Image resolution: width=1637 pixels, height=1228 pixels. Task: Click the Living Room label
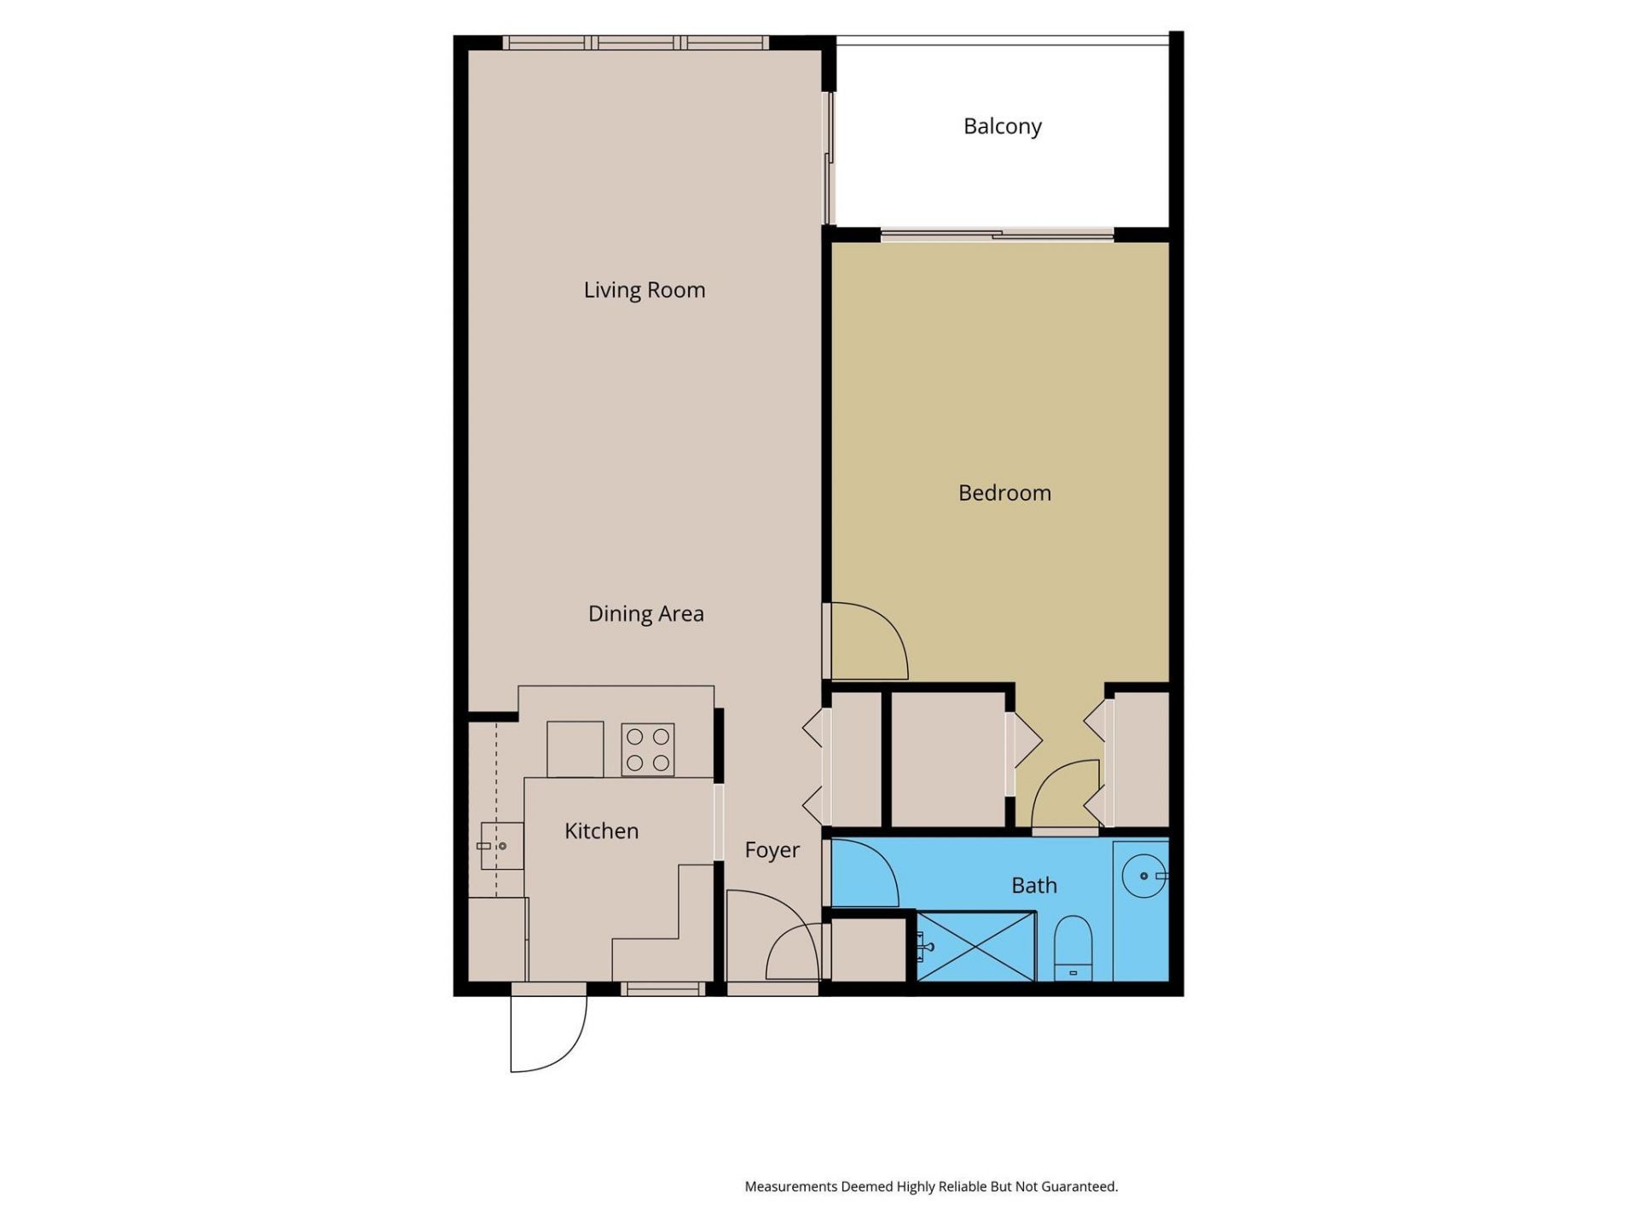645,290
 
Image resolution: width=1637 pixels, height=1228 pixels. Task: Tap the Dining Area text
645,614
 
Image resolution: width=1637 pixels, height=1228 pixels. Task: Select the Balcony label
1002,126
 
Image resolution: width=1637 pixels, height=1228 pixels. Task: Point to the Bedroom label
1004,493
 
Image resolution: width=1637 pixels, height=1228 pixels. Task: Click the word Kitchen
601,831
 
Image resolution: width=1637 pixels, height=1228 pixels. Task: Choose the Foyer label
772,850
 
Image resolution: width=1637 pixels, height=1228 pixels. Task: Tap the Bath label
1033,885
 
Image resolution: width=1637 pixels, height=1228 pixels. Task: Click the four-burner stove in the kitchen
648,750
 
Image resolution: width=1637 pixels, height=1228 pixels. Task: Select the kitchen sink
501,846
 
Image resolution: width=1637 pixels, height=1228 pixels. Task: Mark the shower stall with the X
975,946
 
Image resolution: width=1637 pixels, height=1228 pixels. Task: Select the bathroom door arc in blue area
865,872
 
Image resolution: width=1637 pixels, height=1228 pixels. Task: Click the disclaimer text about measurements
931,1186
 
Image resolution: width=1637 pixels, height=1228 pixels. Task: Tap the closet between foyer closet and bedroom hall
948,759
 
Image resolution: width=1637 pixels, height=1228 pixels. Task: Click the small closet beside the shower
868,947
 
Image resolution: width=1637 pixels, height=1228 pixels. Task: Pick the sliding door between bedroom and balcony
998,235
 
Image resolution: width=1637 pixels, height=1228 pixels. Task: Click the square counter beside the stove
575,749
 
